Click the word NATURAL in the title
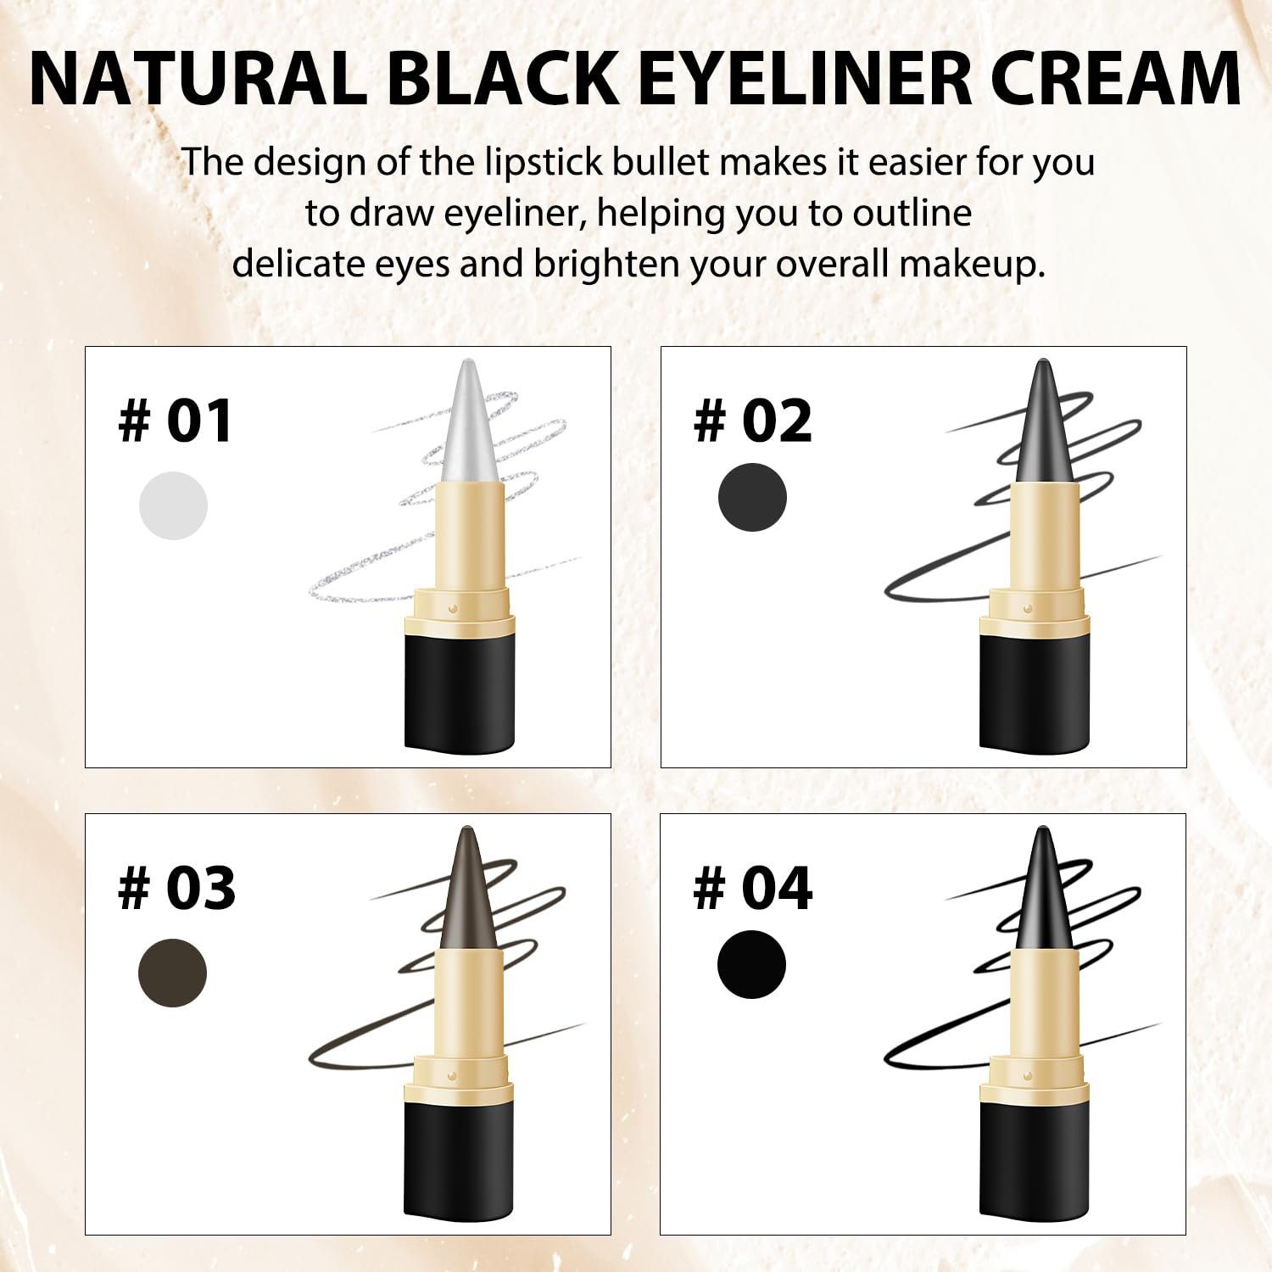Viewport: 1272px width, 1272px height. [x=198, y=79]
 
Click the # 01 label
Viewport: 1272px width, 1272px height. [x=176, y=421]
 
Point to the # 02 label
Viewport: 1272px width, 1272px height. [x=753, y=421]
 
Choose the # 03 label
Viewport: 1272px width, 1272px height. [x=176, y=888]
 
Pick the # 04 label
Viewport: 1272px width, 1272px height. [x=753, y=888]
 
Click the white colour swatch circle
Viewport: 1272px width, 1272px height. [x=173, y=505]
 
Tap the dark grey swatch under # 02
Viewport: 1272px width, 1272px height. [x=752, y=498]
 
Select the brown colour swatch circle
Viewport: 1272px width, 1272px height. [x=172, y=973]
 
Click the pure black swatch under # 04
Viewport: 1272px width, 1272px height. [x=751, y=964]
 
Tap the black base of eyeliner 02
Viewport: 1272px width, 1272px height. [x=1035, y=692]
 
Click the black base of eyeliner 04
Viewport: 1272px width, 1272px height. [x=1035, y=1159]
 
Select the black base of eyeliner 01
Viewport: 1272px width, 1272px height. [x=460, y=692]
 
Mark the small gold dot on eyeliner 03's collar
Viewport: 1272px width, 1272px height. [x=453, y=1075]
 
